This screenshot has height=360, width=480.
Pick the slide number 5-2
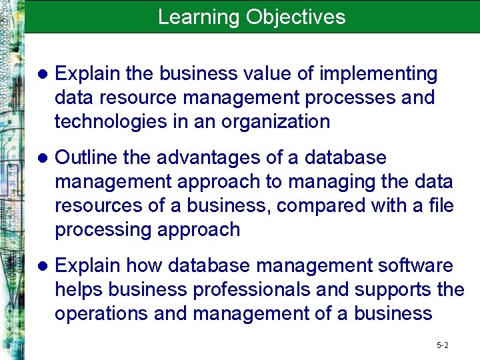point(443,345)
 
